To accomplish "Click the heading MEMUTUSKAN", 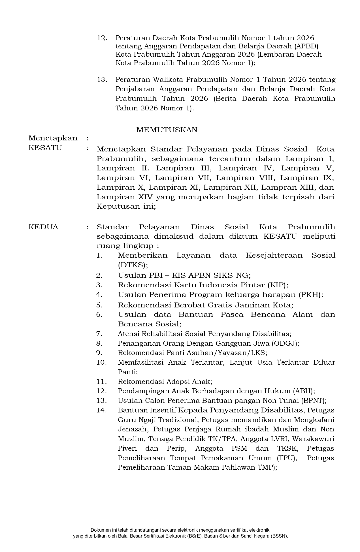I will (x=167, y=130).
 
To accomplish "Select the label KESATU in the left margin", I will (x=45, y=148).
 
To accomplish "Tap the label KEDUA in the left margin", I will (x=43, y=227).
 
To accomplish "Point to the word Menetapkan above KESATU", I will (x=53, y=138).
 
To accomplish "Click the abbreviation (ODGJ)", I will (x=285, y=343).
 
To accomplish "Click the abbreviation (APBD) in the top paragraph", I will (x=306, y=46).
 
